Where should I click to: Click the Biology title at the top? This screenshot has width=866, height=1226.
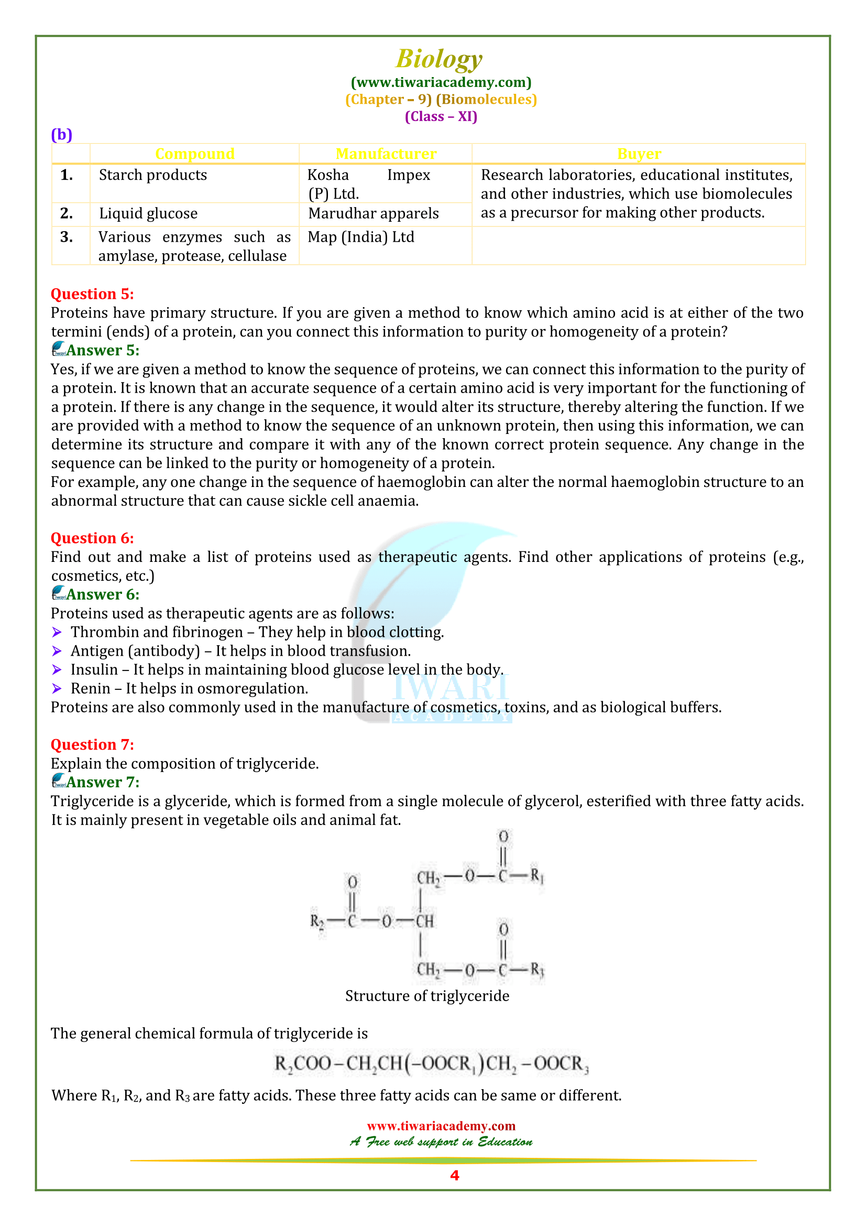[x=438, y=59]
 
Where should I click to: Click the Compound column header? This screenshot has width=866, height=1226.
[x=194, y=154]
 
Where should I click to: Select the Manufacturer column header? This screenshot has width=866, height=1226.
[x=386, y=154]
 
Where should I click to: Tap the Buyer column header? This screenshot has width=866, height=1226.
[x=639, y=154]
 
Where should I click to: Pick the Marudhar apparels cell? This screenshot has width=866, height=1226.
[x=373, y=213]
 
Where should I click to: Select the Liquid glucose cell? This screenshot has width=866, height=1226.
[x=148, y=213]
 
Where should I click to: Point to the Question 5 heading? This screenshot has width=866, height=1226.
[x=92, y=294]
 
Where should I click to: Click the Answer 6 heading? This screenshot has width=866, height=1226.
[x=102, y=594]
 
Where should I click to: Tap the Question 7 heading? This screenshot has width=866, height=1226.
[x=92, y=744]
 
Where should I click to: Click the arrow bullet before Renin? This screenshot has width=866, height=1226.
[x=57, y=689]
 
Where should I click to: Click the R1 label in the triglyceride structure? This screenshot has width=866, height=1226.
[x=536, y=876]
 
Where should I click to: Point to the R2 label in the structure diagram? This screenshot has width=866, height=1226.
[x=317, y=921]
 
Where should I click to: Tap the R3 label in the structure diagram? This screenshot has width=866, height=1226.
[x=537, y=969]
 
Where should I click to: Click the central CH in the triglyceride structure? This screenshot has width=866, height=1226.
[x=425, y=921]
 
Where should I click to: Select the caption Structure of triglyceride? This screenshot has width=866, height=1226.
[x=427, y=996]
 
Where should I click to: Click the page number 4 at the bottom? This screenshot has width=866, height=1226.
[x=454, y=1175]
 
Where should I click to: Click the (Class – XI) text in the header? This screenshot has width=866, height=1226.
[x=441, y=116]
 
